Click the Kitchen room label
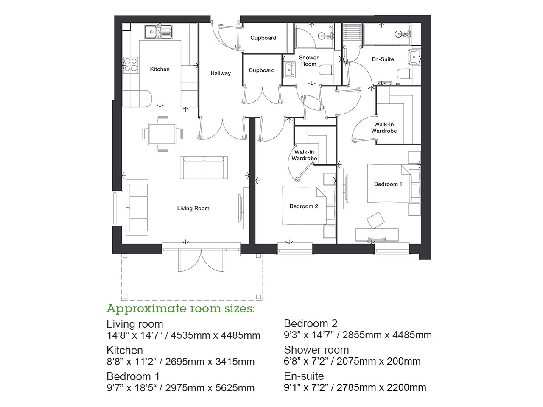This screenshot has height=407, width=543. pyautogui.click(x=160, y=69)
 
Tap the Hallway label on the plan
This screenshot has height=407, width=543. pyautogui.click(x=221, y=73)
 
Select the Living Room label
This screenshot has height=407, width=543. pyautogui.click(x=193, y=208)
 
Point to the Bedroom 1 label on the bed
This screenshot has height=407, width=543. pyautogui.click(x=388, y=184)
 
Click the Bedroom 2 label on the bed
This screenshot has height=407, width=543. pyautogui.click(x=304, y=206)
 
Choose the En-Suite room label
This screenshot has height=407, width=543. pyautogui.click(x=383, y=59)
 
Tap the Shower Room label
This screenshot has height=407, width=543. pyautogui.click(x=308, y=61)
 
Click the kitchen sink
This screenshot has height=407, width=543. pyautogui.click(x=158, y=31)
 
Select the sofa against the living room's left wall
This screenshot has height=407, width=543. pyautogui.click(x=137, y=207)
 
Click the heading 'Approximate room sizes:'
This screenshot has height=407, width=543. pyautogui.click(x=180, y=308)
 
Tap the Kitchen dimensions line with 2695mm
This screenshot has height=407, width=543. pyautogui.click(x=180, y=362)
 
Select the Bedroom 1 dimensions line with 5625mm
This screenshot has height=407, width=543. pyautogui.click(x=180, y=388)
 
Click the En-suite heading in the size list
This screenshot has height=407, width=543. pyautogui.click(x=304, y=376)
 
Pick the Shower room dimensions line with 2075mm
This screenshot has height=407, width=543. pyautogui.click(x=352, y=361)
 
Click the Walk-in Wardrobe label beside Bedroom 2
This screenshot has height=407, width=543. pyautogui.click(x=304, y=155)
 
